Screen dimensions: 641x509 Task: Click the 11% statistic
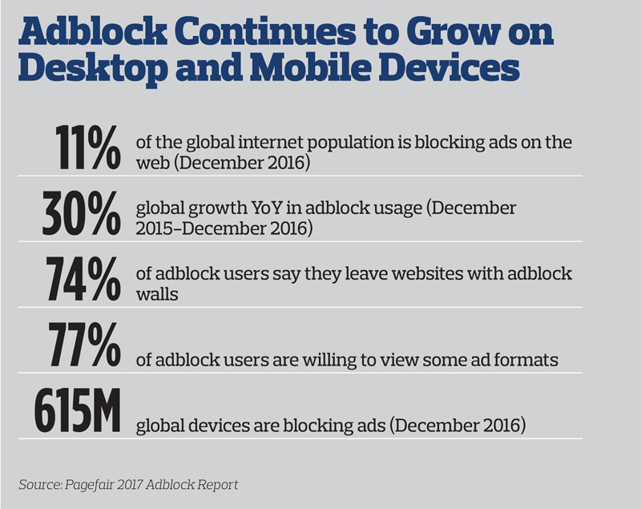pos(88,147)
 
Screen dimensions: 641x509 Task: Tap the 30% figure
pos(82,213)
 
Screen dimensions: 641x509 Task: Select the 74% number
pos(83,279)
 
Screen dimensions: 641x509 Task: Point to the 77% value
pos(85,344)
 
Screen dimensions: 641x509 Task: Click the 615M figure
pos(77,410)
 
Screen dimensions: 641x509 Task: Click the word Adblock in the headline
pos(92,31)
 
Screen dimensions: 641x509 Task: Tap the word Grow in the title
pos(454,31)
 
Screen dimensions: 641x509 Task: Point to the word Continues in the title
pos(267,31)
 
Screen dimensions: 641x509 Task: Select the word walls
pos(157,294)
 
